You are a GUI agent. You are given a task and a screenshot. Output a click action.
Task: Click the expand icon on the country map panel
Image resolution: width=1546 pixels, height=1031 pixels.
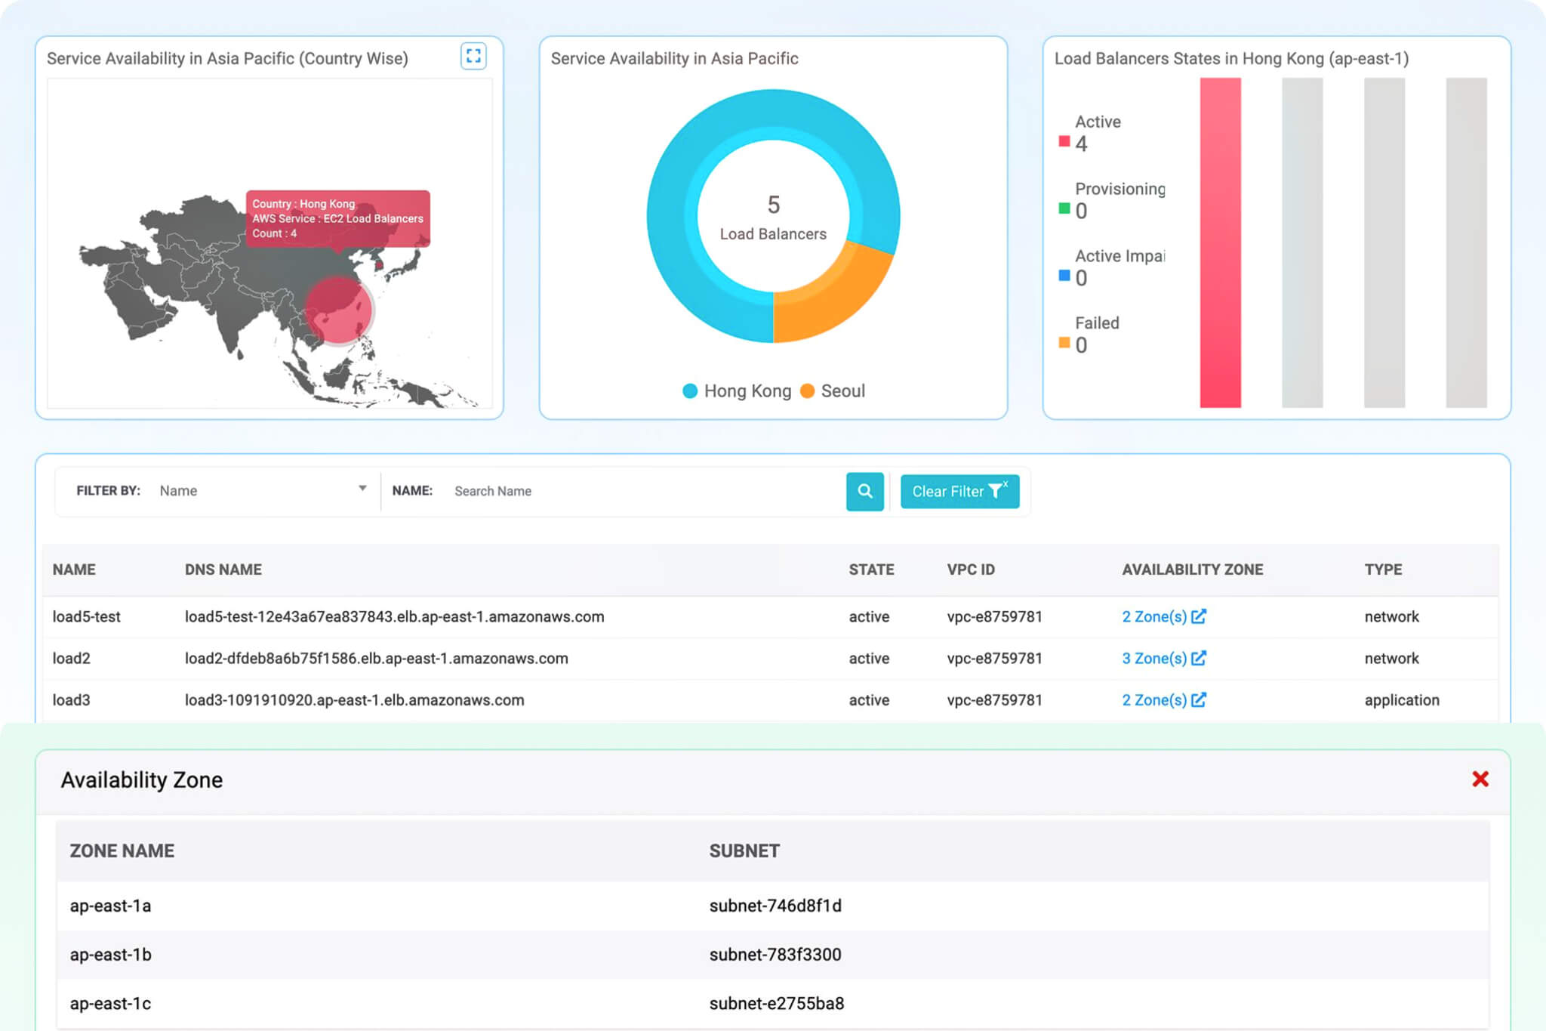pyautogui.click(x=473, y=56)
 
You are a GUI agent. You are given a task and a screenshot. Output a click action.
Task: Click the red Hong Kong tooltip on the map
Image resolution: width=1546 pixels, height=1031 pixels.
pyautogui.click(x=337, y=218)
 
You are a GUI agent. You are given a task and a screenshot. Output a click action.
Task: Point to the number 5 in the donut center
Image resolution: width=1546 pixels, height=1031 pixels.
pyautogui.click(x=773, y=205)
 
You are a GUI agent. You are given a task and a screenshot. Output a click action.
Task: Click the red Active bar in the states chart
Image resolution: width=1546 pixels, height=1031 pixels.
pyautogui.click(x=1220, y=242)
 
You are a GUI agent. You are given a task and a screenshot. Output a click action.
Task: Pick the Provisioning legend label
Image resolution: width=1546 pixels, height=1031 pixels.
pyautogui.click(x=1119, y=189)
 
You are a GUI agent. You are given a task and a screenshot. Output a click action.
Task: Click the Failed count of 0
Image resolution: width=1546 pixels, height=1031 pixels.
pyautogui.click(x=1081, y=346)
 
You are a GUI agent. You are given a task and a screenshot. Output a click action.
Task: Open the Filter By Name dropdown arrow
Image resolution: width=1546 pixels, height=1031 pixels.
pyautogui.click(x=362, y=489)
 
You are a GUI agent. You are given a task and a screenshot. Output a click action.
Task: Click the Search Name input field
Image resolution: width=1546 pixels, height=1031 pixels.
pyautogui.click(x=642, y=491)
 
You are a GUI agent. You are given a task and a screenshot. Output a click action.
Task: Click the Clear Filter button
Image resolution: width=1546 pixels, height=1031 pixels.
pyautogui.click(x=959, y=492)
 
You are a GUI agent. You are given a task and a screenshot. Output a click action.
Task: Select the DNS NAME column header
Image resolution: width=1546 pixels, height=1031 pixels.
pyautogui.click(x=223, y=570)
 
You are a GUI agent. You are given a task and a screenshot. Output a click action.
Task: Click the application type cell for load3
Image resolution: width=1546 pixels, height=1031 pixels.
pyautogui.click(x=1401, y=700)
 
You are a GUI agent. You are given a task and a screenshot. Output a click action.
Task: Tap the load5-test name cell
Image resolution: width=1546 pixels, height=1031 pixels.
pyautogui.click(x=86, y=617)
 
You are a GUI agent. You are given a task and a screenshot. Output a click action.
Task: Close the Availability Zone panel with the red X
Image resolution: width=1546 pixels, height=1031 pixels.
pyautogui.click(x=1480, y=779)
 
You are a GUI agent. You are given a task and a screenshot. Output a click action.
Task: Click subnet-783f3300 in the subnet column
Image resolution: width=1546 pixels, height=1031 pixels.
pyautogui.click(x=775, y=955)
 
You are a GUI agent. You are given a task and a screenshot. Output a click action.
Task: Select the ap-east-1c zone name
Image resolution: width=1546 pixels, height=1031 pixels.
pyautogui.click(x=110, y=1004)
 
